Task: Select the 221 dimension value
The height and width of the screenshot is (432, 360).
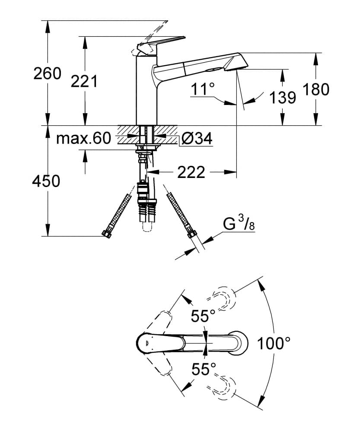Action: coord(84,81)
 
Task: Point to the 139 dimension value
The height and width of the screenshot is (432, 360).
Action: coord(283,98)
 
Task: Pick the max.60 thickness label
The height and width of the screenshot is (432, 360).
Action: coord(84,139)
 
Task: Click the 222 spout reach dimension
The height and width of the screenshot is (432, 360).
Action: coord(191,172)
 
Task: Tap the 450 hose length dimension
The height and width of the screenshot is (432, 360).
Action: coord(46,181)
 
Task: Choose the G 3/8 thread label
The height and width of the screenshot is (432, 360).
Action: coord(237,224)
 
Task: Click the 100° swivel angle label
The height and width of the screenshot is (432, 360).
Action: coord(274,343)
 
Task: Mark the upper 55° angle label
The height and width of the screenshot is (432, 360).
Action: coord(204,316)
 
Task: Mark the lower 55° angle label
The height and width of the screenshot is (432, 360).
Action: coord(204,369)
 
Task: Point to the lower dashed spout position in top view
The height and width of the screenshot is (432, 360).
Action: coord(223,386)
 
